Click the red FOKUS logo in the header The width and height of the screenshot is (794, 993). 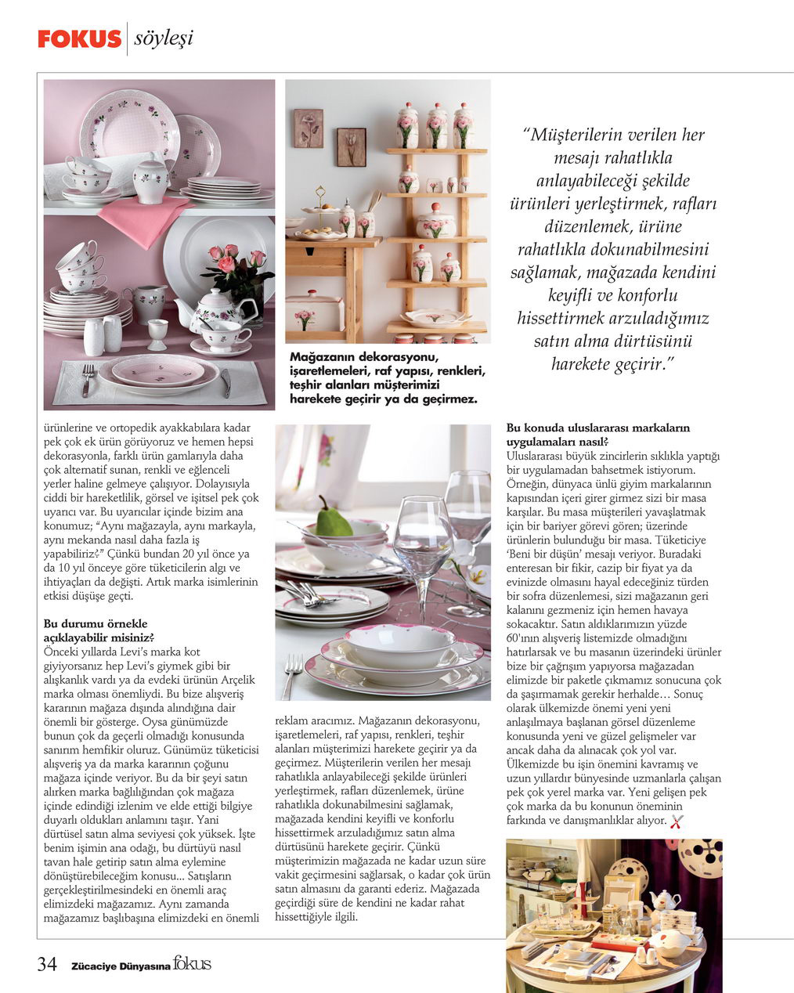pyautogui.click(x=79, y=38)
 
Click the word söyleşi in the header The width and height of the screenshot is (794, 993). pyautogui.click(x=163, y=38)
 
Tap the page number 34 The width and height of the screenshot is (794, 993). pyautogui.click(x=47, y=964)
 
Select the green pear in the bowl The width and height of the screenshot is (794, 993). pyautogui.click(x=333, y=518)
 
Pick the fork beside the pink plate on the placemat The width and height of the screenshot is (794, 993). pyautogui.click(x=88, y=380)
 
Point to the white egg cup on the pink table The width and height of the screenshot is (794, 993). pyautogui.click(x=157, y=332)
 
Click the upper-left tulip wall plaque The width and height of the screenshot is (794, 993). pyautogui.click(x=308, y=128)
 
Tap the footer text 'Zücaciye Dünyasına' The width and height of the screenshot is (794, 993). pyautogui.click(x=121, y=966)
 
